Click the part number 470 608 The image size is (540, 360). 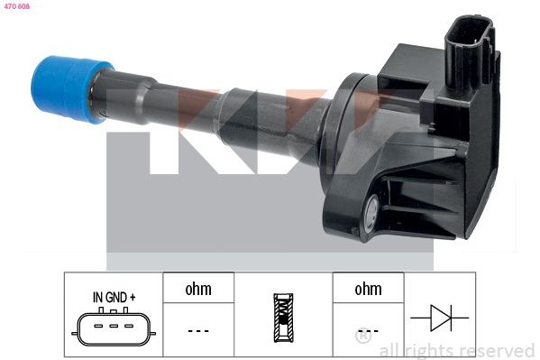[17, 5]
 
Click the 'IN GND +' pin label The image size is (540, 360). [114, 296]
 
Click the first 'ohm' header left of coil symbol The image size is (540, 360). [198, 289]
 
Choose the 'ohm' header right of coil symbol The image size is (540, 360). [368, 289]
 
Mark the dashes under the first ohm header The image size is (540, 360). [198, 330]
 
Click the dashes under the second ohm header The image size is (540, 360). [368, 330]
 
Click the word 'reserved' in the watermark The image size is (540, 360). [497, 350]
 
